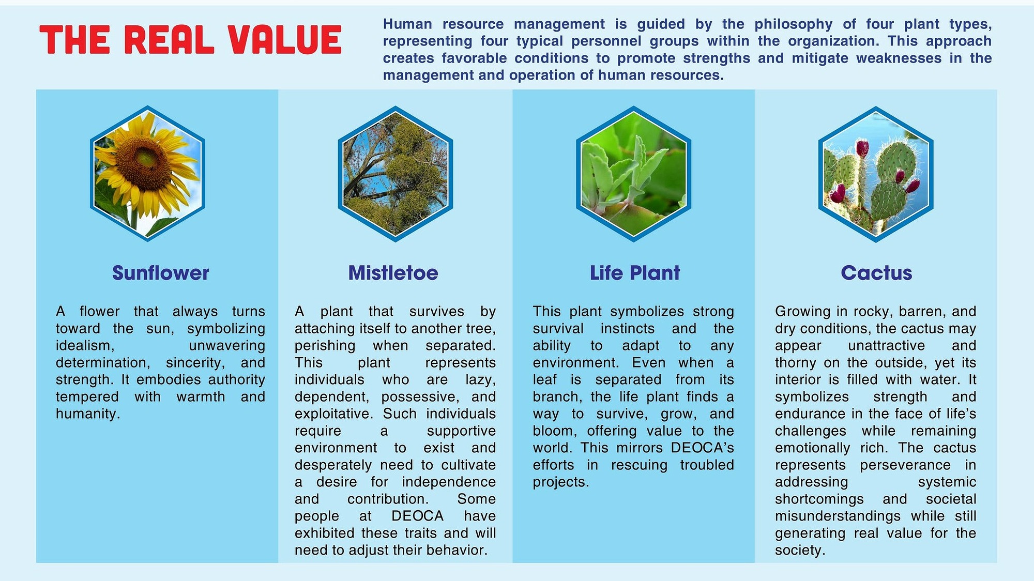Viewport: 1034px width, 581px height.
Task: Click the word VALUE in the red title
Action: tap(285, 40)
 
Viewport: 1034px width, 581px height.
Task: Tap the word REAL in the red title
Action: tap(170, 40)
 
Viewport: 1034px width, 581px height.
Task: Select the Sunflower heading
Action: tap(161, 273)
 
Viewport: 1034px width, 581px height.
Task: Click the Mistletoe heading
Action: tap(393, 273)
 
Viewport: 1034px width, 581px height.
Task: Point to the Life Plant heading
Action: tap(635, 273)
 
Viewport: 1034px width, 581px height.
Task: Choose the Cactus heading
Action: tap(876, 273)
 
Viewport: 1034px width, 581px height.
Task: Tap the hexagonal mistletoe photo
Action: tap(396, 174)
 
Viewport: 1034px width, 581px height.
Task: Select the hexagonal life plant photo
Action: tap(633, 174)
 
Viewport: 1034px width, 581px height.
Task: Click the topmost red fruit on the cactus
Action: tap(862, 148)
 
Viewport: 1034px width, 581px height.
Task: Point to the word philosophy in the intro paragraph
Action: tap(794, 24)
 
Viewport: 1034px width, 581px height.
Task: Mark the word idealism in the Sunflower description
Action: tap(85, 345)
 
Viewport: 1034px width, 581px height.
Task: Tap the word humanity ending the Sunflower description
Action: tap(88, 414)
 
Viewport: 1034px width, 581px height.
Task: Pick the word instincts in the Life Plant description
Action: tap(628, 329)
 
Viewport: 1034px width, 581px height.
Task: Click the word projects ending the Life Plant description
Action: tap(561, 482)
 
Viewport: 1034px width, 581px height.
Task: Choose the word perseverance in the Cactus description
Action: tap(905, 465)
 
